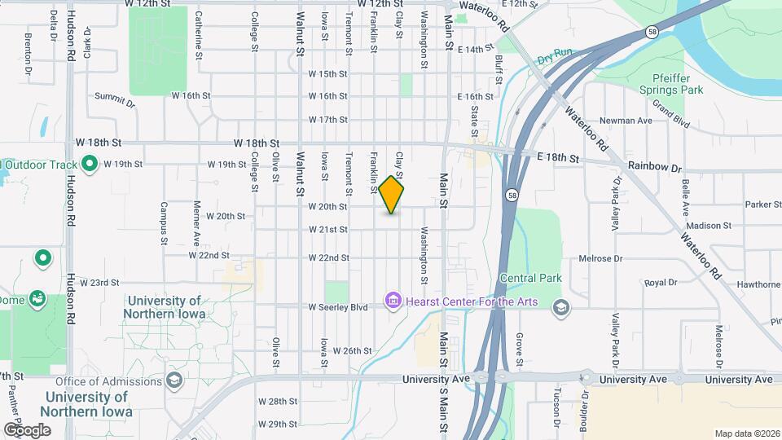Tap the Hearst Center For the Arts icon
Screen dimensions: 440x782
tap(393, 302)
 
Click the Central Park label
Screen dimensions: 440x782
tap(531, 278)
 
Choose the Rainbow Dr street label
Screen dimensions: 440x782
tap(655, 168)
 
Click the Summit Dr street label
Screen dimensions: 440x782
tap(114, 99)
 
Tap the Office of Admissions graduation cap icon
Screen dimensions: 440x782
tap(174, 381)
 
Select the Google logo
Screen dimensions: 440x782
tap(27, 429)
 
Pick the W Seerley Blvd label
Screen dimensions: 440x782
tap(339, 307)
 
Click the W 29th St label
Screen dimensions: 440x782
tap(278, 424)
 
